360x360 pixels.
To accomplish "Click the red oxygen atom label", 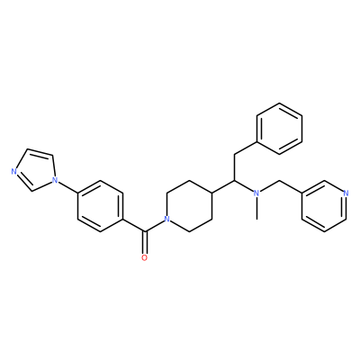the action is pos(145,257).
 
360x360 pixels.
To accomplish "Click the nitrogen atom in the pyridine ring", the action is pos(346,193).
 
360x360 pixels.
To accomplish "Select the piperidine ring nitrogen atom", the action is pos(167,219).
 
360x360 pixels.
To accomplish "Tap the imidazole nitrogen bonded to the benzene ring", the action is pos(55,180).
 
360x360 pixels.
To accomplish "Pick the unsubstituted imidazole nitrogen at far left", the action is pos(13,172).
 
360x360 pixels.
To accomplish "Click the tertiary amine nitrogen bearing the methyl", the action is pos(256,193).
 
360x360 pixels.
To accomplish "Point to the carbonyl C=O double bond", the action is pos(145,242).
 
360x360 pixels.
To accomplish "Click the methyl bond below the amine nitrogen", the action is pos(256,209).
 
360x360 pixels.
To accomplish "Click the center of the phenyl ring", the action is pos(279,129).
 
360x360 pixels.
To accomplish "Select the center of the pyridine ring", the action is pos(324,206).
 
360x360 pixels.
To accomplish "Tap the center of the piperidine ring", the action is pos(190,206).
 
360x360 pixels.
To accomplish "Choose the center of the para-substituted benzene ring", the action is pos(100,206).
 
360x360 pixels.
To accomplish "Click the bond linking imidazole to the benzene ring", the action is pos(67,187).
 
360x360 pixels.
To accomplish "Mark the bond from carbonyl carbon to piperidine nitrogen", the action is pos(154,226).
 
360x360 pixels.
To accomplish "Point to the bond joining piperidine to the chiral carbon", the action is pos(223,186).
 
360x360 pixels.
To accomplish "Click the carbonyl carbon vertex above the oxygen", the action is pos(145,231).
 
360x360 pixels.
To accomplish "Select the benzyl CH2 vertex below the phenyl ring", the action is pos(235,155).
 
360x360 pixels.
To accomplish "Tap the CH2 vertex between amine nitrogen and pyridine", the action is pos(279,181).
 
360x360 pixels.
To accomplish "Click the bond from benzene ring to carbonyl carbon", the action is pos(134,225).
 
